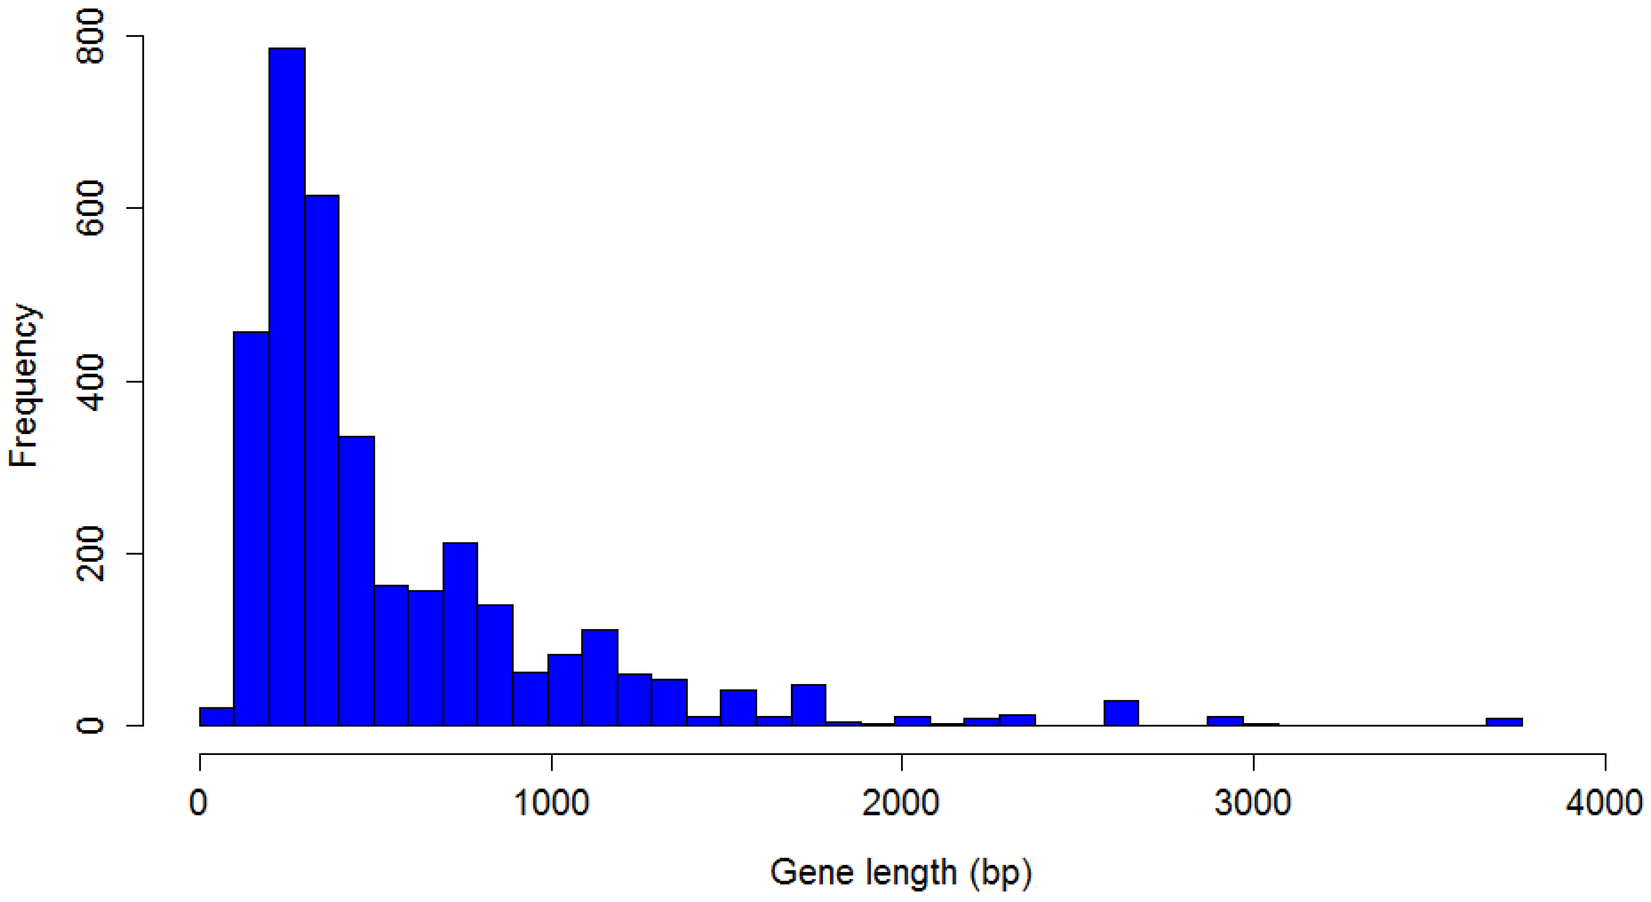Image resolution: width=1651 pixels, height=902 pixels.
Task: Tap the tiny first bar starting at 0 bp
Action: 217,717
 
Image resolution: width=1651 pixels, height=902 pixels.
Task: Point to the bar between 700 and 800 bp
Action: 460,634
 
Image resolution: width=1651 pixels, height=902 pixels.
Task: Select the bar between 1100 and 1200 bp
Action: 600,678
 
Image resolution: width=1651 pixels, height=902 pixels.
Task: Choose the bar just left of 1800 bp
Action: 808,705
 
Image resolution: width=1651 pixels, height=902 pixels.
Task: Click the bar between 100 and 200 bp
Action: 251,528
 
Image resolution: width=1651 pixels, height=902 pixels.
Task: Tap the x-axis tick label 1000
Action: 551,803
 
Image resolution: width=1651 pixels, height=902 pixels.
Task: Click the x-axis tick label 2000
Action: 901,803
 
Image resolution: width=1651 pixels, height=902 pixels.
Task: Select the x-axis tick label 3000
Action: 1252,803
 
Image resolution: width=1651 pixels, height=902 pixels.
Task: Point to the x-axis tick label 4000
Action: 1604,803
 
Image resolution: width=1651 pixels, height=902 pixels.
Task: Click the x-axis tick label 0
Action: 199,803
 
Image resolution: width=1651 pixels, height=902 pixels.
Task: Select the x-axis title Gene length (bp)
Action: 901,873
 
